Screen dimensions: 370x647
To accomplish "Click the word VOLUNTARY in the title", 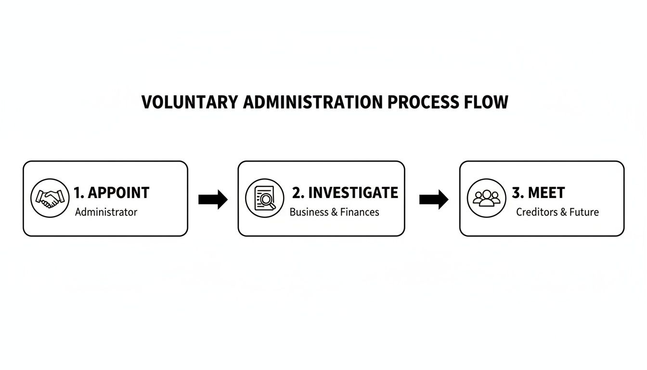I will tap(190, 102).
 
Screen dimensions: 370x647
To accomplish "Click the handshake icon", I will tap(50, 198).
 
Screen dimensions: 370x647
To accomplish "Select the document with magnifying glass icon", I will tap(265, 198).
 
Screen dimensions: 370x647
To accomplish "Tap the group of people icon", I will tap(486, 198).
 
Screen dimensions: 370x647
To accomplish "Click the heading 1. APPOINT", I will tap(111, 193).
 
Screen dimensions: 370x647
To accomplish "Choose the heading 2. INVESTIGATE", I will tap(345, 193).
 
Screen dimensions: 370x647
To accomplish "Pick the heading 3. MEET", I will tap(539, 193).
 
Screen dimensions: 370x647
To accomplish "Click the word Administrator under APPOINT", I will tap(106, 212).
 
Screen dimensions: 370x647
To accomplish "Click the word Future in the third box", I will tap(584, 212).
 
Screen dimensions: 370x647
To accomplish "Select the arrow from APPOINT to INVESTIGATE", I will tap(213, 199).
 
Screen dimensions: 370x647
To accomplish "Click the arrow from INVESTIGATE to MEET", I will tap(434, 199).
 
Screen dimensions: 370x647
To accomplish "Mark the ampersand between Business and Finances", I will tap(334, 212).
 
